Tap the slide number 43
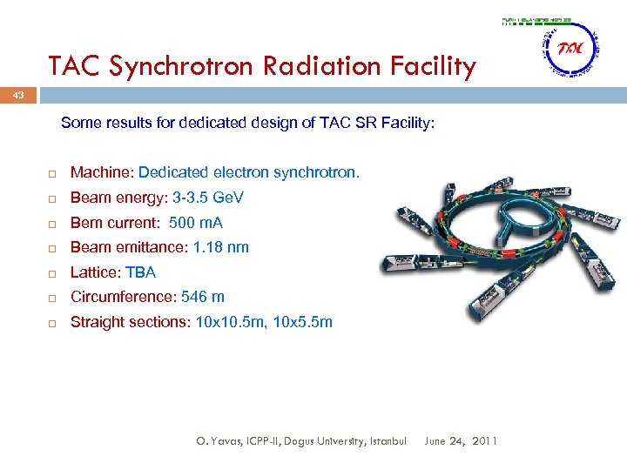point(17,96)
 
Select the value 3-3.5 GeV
point(208,198)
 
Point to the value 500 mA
point(196,223)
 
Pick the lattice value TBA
point(141,272)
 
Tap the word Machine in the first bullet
point(100,172)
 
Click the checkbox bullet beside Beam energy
point(52,198)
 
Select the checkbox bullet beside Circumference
point(52,298)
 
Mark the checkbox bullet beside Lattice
point(52,273)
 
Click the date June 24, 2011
point(461,441)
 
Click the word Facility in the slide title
point(435,66)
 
